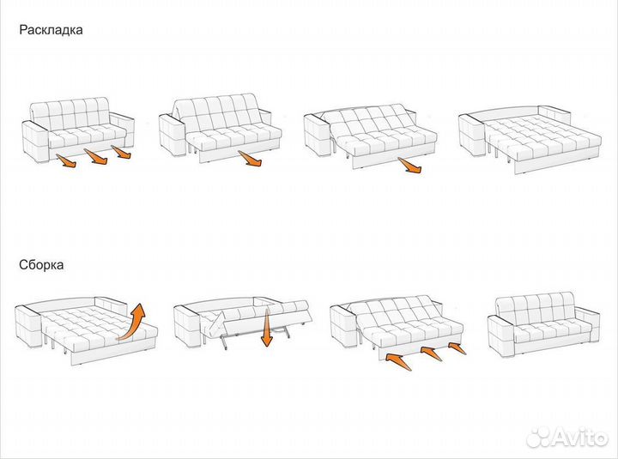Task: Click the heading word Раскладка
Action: click(x=51, y=30)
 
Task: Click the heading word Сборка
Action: click(x=41, y=265)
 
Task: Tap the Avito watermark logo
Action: click(x=567, y=437)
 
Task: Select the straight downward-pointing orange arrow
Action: click(x=267, y=328)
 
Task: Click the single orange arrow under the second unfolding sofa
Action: click(x=250, y=159)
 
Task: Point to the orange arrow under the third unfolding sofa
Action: click(x=410, y=165)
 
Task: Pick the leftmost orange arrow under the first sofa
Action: click(x=66, y=161)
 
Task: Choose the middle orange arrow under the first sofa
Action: click(x=96, y=156)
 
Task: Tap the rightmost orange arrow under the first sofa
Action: click(x=121, y=152)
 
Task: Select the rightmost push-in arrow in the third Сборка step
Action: click(x=457, y=348)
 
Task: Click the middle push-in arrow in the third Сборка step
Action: click(x=431, y=353)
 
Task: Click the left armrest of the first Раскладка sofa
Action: click(x=36, y=141)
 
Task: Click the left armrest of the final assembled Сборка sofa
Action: click(x=501, y=335)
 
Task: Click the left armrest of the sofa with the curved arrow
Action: click(x=28, y=326)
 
